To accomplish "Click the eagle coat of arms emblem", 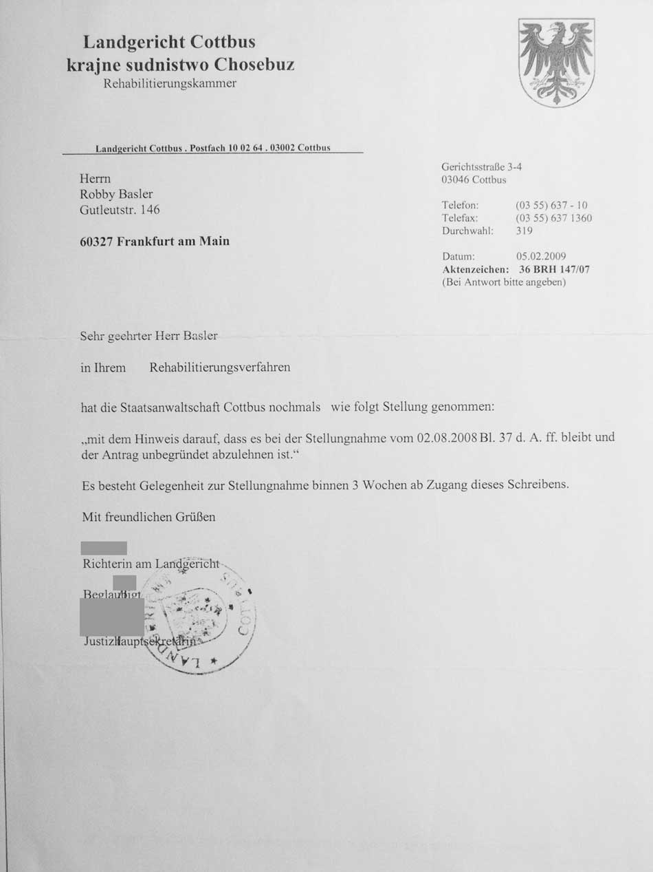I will click(556, 62).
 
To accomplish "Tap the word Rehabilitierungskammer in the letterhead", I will click(170, 84).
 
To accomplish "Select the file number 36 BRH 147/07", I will click(554, 270).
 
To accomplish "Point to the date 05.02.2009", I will click(541, 257).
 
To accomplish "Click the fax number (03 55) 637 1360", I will click(553, 218).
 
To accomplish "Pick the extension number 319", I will click(524, 231).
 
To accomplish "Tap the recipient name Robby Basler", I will click(116, 194).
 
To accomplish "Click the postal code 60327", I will click(96, 242).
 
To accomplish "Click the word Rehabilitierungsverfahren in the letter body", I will click(220, 368).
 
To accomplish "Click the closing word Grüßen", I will click(197, 516).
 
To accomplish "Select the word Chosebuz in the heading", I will click(254, 65).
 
